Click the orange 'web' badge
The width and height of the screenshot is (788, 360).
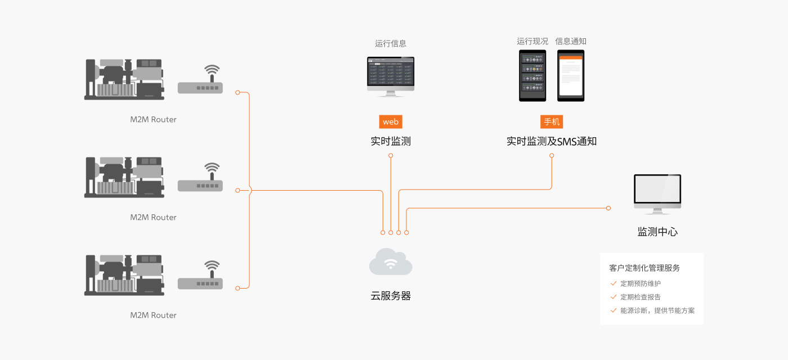[391, 122]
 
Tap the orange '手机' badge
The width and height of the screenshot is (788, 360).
[552, 122]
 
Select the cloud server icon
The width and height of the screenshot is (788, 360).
[391, 262]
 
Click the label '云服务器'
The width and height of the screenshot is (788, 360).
[391, 296]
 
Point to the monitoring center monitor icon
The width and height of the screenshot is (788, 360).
[657, 193]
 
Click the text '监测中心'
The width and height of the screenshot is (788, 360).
[657, 232]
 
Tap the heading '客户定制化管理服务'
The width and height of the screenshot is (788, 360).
[644, 268]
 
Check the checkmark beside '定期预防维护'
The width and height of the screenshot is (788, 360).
[614, 283]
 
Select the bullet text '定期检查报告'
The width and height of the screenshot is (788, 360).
[641, 297]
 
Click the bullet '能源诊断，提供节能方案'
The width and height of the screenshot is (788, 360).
[657, 310]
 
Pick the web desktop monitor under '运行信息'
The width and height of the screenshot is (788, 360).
[391, 75]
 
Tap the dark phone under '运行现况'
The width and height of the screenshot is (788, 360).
[532, 75]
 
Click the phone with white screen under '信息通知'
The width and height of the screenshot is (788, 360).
[571, 75]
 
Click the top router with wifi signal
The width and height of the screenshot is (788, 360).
[201, 82]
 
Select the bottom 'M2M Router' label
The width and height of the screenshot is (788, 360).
[153, 315]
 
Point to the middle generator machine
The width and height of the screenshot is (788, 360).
[124, 177]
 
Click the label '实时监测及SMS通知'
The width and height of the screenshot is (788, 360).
[552, 142]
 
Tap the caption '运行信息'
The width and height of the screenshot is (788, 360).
[391, 43]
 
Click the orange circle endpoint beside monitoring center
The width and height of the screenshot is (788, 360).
[608, 208]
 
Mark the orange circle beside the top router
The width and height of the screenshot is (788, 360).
[238, 92]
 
